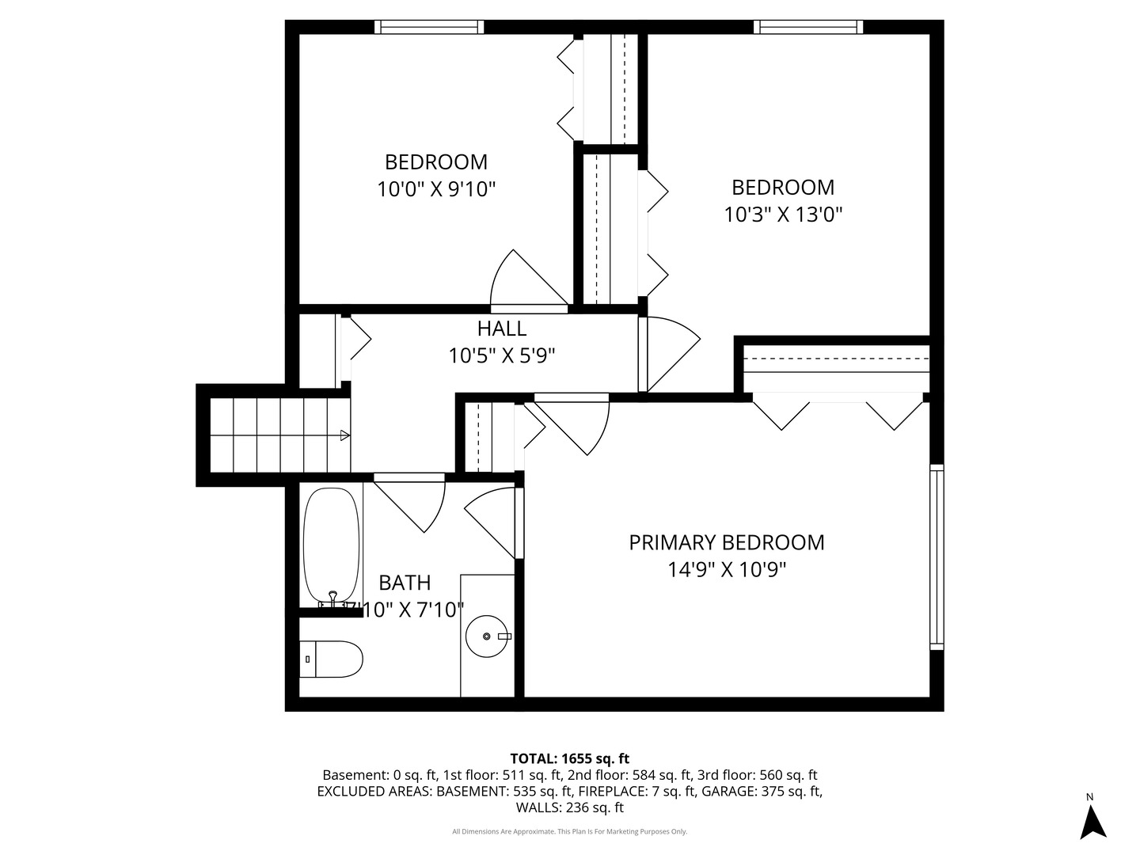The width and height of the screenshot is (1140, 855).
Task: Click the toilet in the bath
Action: [332, 659]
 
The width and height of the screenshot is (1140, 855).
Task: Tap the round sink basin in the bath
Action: [487, 636]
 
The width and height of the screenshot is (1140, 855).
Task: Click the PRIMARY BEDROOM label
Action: [726, 542]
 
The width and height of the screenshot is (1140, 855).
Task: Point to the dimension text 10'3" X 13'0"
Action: [782, 215]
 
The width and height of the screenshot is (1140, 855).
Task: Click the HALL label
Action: [501, 328]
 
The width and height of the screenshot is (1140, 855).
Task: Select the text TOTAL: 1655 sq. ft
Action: [569, 758]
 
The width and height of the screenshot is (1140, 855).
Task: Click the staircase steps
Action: [277, 435]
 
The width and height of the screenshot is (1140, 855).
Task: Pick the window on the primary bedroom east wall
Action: [937, 557]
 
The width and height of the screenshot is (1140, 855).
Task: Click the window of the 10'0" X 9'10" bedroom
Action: [428, 27]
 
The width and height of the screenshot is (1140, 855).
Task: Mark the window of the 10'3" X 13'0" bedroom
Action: [807, 27]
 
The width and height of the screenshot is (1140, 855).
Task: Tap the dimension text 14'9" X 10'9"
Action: [726, 569]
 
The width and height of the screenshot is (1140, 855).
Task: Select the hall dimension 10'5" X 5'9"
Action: [501, 355]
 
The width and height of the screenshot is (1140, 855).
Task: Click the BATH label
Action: [405, 583]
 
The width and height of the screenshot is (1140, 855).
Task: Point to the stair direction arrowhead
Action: [344, 435]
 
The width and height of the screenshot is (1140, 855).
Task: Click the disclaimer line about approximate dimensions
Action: [569, 831]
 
